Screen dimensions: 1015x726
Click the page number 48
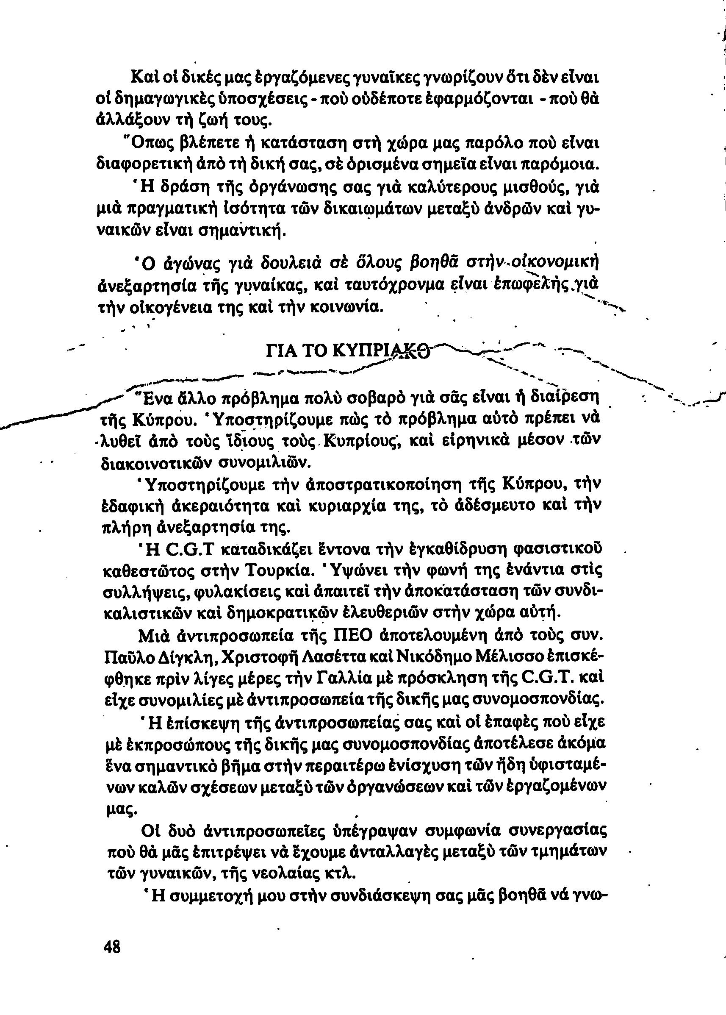pyautogui.click(x=112, y=959)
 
